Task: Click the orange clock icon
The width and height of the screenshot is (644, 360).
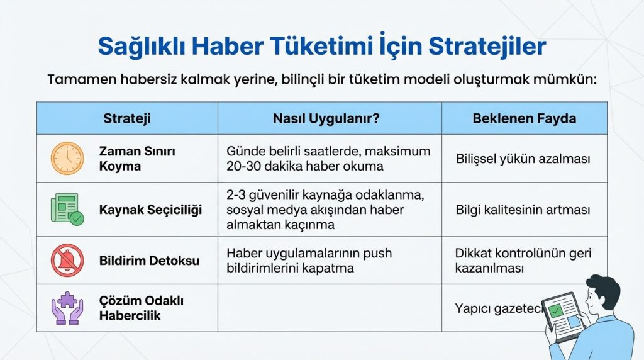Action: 67,159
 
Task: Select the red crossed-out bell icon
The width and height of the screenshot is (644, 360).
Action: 67,260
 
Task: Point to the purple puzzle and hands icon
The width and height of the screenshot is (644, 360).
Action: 67,308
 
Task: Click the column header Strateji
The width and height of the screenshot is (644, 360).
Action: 126,118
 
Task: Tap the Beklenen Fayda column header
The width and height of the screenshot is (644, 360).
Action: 524,118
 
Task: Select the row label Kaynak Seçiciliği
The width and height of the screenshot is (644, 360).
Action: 150,210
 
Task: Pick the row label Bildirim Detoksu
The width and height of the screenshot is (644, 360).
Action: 148,260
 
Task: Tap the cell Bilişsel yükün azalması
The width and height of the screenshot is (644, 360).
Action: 523,159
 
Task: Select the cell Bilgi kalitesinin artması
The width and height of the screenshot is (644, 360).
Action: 523,210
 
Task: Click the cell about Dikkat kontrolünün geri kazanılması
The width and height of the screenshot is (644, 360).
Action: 523,261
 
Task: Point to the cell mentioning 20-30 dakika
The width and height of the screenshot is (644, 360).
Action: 328,159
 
